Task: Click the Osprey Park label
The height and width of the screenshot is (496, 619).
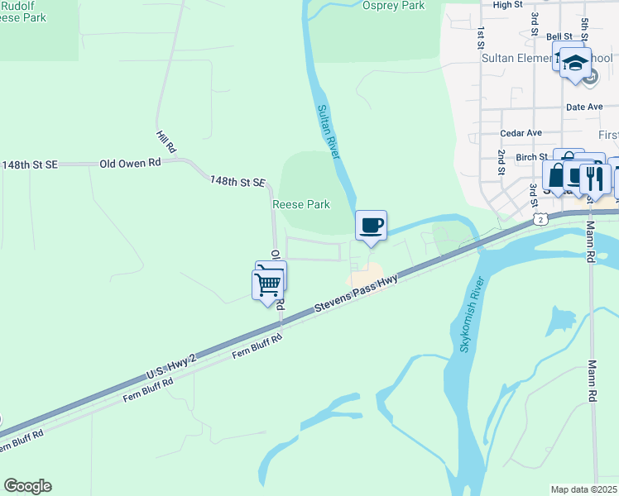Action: pos(393,6)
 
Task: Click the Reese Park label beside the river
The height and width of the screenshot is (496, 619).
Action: pos(301,204)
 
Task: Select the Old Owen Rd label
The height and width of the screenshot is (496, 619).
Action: pos(130,164)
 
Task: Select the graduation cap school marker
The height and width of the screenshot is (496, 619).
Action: pos(574,63)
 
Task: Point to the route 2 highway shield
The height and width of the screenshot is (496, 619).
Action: pos(540,218)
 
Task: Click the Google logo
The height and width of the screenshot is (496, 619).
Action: pos(27,486)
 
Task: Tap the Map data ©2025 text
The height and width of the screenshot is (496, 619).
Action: pos(583,489)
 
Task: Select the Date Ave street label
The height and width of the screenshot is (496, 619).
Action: pos(584,107)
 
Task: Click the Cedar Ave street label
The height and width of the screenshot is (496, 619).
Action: pos(521,133)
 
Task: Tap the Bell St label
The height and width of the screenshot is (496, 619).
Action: pos(559,37)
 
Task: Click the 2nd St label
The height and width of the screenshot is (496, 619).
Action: pos(501,164)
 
